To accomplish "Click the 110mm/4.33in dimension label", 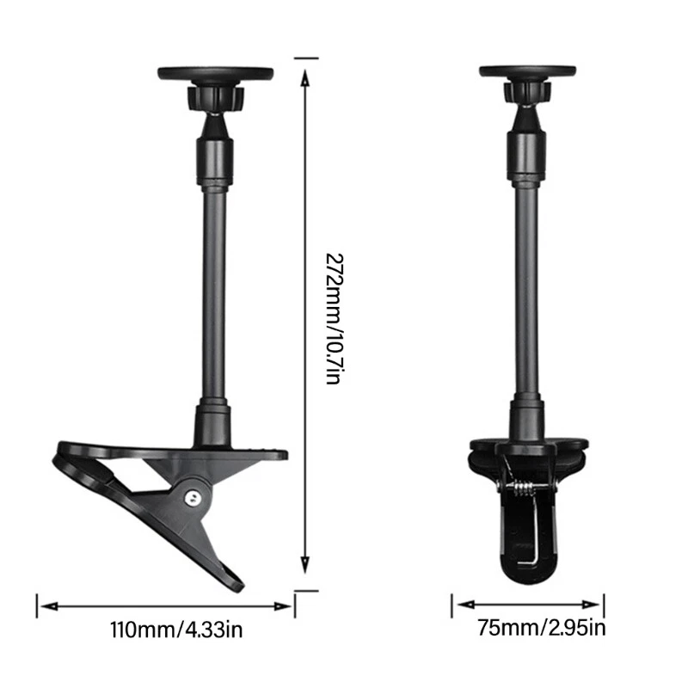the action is pyautogui.click(x=176, y=630).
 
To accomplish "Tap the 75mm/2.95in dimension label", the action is pyautogui.click(x=542, y=628).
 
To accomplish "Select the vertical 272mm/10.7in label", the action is pyautogui.click(x=335, y=319).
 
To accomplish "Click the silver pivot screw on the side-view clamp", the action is pyautogui.click(x=192, y=497).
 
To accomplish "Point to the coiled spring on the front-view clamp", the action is pyautogui.click(x=525, y=488).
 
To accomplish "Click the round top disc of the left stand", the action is pyautogui.click(x=216, y=74).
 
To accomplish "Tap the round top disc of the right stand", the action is pyautogui.click(x=527, y=71).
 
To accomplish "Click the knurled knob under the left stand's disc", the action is pyautogui.click(x=216, y=98).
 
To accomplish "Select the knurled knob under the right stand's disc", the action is pyautogui.click(x=527, y=92).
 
